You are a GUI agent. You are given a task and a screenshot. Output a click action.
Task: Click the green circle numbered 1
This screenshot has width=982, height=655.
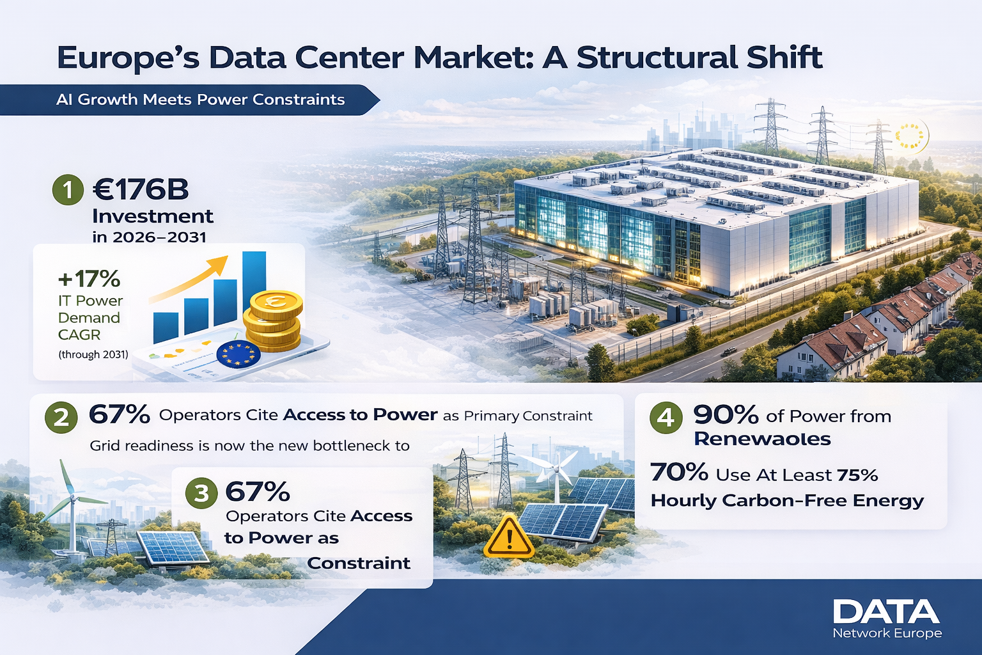coord(68,189)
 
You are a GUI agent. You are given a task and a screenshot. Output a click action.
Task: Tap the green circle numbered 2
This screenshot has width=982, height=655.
coord(61,417)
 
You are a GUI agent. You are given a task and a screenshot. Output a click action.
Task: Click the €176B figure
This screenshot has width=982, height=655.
coord(141,189)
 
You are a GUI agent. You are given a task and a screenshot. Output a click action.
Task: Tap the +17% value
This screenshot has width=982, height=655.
coord(89,278)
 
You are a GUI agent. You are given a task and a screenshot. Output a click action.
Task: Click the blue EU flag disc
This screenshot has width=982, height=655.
coord(238,354)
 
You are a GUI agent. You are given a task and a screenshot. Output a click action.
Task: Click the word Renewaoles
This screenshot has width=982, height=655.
coord(762,439)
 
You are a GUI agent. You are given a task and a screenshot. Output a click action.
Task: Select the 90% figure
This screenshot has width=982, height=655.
coord(726,414)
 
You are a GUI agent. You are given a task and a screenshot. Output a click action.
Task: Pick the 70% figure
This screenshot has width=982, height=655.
coord(679,472)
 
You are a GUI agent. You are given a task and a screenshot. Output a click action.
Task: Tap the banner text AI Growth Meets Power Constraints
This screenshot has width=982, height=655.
coord(200,100)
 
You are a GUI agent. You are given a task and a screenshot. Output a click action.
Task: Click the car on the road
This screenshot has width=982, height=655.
coord(729,351)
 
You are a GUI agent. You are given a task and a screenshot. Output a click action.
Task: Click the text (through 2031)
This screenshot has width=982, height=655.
coord(93,354)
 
